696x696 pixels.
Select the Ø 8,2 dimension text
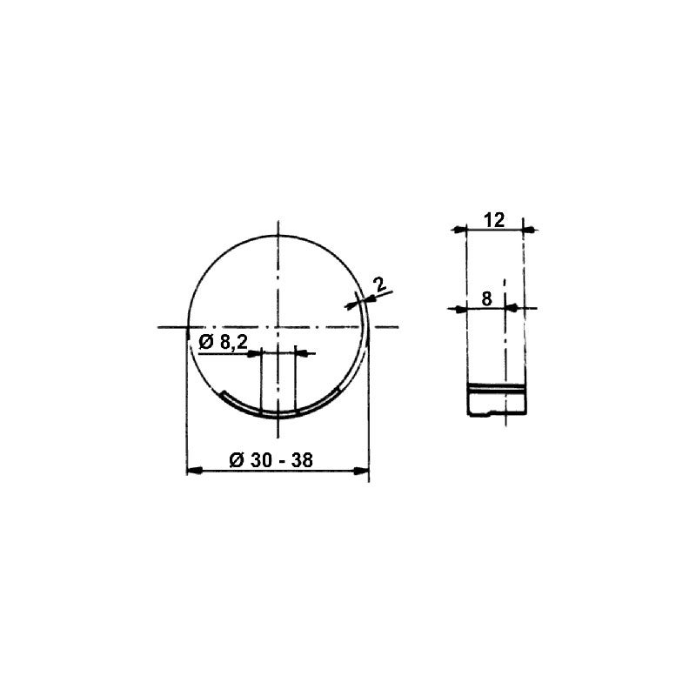[224, 342]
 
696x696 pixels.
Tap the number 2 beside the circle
[378, 284]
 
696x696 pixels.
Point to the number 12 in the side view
[493, 220]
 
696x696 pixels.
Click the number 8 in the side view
[486, 298]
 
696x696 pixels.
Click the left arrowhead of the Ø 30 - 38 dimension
[196, 472]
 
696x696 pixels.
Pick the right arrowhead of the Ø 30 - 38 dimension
[361, 472]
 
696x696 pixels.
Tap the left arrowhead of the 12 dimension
[461, 230]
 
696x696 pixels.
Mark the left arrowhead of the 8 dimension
[461, 307]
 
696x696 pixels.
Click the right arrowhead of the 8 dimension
[511, 307]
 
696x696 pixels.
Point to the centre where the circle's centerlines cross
[278, 327]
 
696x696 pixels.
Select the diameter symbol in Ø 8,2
[205, 342]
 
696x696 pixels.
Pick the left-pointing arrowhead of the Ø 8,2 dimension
[255, 353]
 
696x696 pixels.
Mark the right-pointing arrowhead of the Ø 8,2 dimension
[302, 353]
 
